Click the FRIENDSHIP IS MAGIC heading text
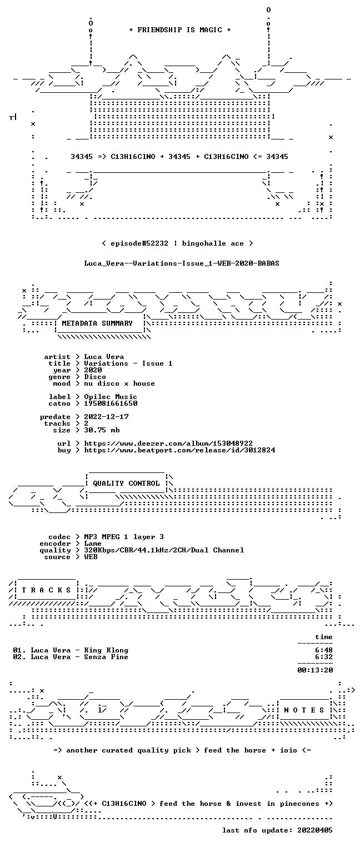180,30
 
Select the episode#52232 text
139,243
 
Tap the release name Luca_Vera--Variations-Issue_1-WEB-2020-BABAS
182,263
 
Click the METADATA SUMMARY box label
97,323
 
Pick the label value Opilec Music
111,397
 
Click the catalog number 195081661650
111,403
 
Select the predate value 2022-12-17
106,417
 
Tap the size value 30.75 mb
102,430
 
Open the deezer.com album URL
168,444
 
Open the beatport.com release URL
179,450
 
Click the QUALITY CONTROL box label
126,483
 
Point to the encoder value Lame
93,544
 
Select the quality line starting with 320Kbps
164,550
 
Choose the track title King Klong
106,650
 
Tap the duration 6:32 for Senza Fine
324,657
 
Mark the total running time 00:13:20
315,670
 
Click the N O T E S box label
304,710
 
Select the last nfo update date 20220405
315,830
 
